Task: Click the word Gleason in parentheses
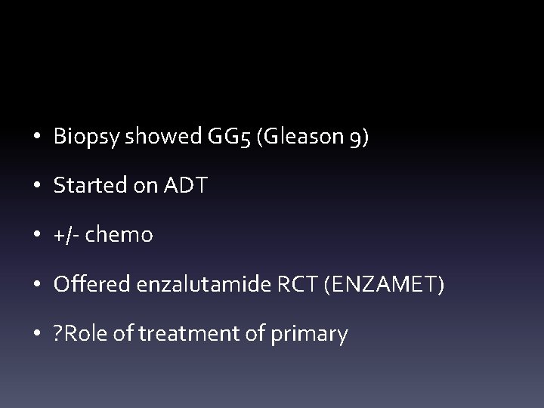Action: click(x=298, y=138)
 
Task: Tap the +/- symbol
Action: click(x=66, y=235)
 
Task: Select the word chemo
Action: click(x=119, y=235)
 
